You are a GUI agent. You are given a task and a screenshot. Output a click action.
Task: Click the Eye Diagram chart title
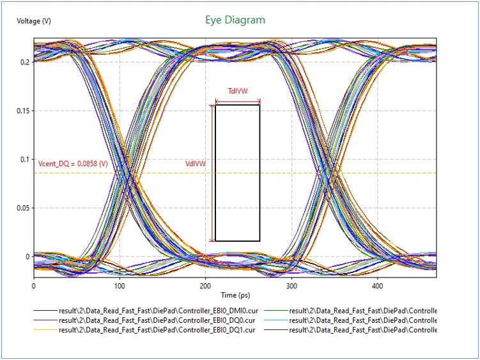point(235,20)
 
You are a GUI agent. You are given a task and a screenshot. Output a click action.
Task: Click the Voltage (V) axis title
point(34,21)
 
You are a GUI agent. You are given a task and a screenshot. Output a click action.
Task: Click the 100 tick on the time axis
point(119,286)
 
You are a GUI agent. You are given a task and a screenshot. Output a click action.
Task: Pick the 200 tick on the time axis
point(205,286)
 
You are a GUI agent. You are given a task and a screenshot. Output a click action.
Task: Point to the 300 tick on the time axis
point(291,286)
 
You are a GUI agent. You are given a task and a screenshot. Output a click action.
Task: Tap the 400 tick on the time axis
point(377,286)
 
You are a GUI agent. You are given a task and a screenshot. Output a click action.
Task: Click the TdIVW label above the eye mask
point(238,91)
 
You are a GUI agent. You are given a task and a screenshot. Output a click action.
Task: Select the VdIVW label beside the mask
point(196,164)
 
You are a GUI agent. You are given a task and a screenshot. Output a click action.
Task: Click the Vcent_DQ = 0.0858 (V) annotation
point(73,164)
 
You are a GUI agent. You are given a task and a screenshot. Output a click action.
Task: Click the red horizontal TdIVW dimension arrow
point(238,101)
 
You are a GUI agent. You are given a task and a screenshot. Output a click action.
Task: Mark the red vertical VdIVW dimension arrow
point(212,173)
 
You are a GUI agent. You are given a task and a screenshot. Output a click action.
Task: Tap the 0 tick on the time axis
point(33,286)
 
